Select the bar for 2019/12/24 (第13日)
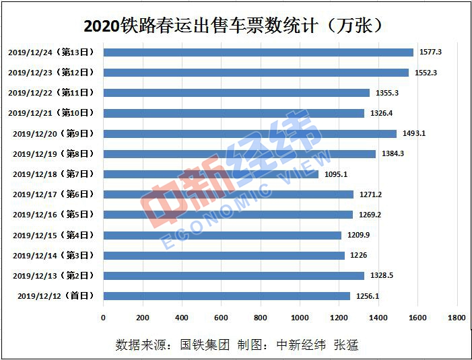[259, 52]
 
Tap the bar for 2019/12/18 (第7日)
[211, 174]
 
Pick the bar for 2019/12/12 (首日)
[227, 296]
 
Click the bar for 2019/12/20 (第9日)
[250, 133]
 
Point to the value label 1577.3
[430, 52]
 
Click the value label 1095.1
[335, 174]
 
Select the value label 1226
[358, 256]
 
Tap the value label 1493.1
[413, 133]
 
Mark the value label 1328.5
[381, 276]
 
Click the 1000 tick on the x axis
[300, 317]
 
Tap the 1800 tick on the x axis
[457, 317]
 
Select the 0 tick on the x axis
[104, 317]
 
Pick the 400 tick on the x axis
[182, 317]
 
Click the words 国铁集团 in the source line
[205, 345]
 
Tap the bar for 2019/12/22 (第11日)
[236, 93]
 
